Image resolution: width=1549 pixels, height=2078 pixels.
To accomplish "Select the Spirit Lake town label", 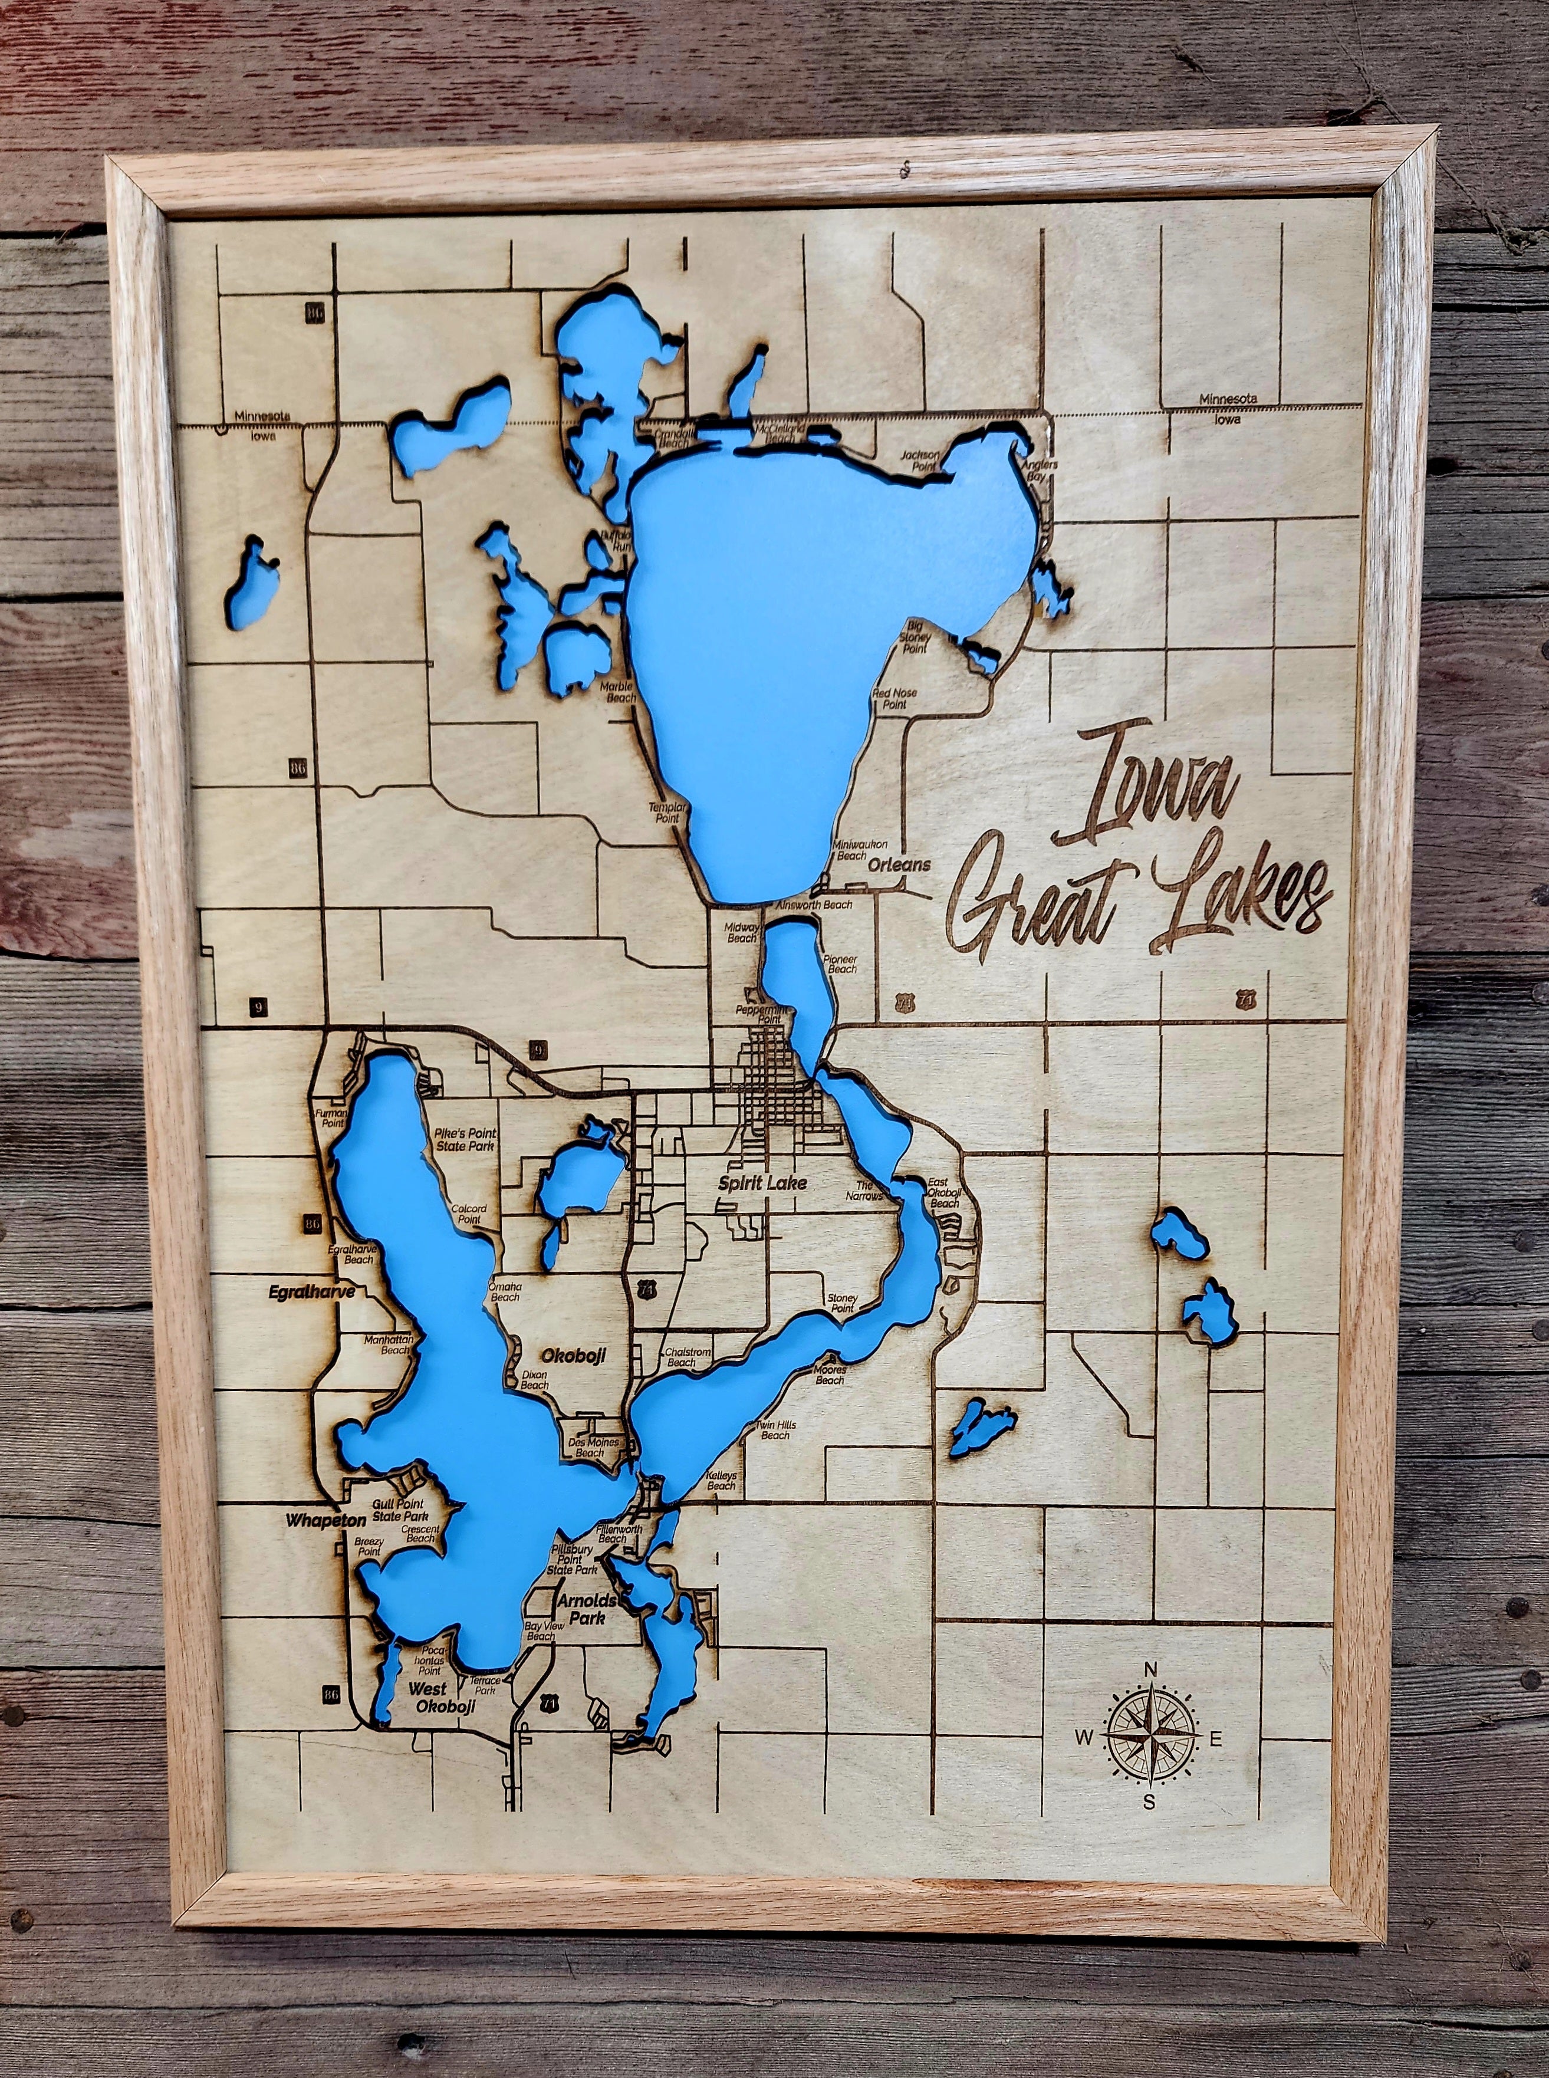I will (762, 1183).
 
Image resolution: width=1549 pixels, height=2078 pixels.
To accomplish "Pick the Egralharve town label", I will (311, 1291).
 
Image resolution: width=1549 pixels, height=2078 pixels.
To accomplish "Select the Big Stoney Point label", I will (915, 636).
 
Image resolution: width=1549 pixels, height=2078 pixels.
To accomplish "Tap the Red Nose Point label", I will (893, 698).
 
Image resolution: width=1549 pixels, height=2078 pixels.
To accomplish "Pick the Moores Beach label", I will (830, 1375).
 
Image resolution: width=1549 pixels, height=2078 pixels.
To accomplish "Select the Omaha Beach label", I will (505, 1291).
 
